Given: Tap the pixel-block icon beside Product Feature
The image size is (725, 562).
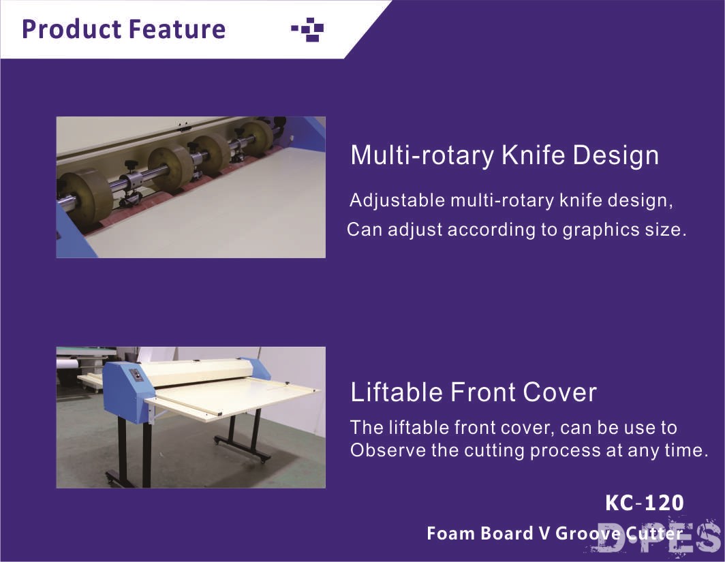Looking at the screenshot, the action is point(307,29).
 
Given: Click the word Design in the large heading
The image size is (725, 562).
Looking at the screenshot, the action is point(615,156).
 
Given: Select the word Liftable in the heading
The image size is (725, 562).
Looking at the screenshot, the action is point(397,392).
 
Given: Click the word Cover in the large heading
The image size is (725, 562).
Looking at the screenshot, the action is point(559,392).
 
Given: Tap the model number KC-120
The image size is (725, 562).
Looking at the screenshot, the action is point(644,503).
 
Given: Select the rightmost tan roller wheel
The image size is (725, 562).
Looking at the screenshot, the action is point(257,136).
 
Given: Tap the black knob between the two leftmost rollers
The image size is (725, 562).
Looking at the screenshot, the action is point(130,165).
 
